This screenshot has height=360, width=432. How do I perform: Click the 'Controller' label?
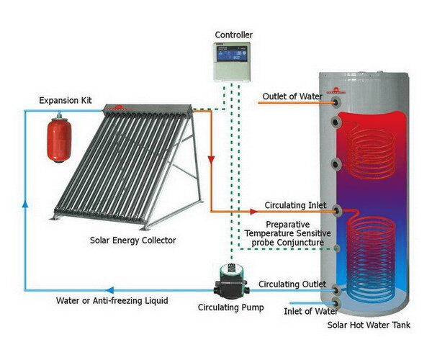tap(233, 35)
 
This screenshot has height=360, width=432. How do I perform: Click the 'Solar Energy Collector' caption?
tap(133, 240)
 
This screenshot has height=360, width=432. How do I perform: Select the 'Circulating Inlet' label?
tap(295, 204)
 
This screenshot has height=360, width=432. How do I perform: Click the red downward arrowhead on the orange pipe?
tap(211, 158)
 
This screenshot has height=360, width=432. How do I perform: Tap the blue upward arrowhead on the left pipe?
tap(25, 204)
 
